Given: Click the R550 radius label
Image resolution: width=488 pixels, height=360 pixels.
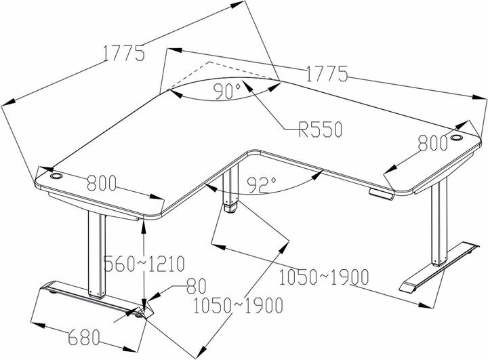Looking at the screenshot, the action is [320, 129].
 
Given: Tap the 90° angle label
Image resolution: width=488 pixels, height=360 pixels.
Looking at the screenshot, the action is [228, 92].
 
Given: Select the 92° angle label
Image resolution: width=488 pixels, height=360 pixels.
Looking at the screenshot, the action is [262, 185].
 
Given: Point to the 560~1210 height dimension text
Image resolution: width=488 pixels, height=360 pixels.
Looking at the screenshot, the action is [144, 264].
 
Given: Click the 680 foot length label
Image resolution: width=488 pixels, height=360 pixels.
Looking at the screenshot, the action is [84, 337].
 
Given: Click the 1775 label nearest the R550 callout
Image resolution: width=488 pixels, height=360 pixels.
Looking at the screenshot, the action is [327, 74].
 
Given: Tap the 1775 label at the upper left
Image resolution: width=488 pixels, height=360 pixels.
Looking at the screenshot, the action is [124, 53].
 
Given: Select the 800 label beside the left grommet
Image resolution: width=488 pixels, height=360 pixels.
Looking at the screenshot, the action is [102, 183].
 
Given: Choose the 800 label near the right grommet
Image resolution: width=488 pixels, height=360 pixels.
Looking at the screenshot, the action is [432, 143].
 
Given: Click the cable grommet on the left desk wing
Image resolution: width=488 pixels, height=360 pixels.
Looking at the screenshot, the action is [56, 176].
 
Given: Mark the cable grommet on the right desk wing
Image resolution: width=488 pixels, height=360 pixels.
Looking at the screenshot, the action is [456, 137].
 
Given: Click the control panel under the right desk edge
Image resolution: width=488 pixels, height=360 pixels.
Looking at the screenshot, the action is [381, 194].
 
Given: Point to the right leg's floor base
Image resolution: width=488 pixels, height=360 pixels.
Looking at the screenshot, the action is [439, 267].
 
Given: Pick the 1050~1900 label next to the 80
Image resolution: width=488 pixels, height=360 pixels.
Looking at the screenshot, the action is [238, 306].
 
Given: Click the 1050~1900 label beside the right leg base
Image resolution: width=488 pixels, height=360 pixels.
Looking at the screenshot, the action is [324, 277].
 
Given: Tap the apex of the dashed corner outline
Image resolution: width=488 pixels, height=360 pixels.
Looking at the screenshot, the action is [209, 62].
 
